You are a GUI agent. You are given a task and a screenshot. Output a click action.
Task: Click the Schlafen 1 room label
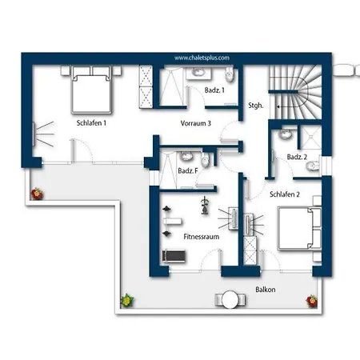pos(91,123)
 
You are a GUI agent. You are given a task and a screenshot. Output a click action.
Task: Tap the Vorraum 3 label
pos(195,123)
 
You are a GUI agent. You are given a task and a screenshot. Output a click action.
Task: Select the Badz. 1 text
pos(214,90)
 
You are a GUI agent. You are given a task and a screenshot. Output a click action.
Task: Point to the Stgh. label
pos(255,106)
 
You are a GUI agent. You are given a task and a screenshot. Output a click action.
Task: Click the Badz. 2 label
pos(297,157)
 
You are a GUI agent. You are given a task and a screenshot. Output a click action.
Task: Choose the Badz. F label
pos(188,170)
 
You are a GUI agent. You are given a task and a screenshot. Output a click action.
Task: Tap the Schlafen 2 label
pos(285,194)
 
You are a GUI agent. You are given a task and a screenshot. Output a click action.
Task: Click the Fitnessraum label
pos(202,237)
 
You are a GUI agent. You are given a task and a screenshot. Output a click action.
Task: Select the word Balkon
pos(266,290)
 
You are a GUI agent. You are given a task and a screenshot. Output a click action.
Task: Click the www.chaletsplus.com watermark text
pos(202,58)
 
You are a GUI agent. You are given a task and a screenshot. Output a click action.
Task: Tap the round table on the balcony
pos(230,299)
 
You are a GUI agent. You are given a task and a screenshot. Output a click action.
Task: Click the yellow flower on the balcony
pos(127,301)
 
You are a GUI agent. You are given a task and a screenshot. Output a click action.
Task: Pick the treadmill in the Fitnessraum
pos(174,256)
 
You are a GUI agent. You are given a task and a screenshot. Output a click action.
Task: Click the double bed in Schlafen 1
pos(91,90)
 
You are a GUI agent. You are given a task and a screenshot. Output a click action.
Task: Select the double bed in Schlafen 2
pos(299,228)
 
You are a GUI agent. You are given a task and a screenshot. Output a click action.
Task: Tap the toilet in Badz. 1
pos(230,74)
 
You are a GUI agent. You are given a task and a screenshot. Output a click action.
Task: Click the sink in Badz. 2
pos(285,134)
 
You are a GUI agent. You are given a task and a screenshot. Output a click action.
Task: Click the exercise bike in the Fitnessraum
pos(205,206)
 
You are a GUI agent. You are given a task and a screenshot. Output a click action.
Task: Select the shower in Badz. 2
pos(311,137)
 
